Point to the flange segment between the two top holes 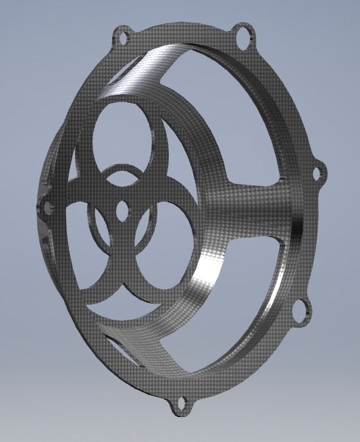point(182,30)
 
